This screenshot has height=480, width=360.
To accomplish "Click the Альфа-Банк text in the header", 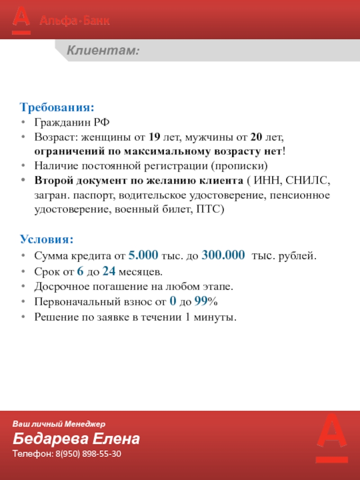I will tap(75, 21).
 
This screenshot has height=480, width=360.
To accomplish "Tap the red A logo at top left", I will tap(21, 19).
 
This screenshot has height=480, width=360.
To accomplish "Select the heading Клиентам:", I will tap(103, 51).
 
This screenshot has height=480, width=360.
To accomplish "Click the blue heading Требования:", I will tap(57, 108).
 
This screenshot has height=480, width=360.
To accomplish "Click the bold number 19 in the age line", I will tap(154, 136).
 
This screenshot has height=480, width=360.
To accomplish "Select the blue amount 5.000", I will tap(143, 256).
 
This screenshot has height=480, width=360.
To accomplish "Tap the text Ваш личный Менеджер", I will tap(58, 424).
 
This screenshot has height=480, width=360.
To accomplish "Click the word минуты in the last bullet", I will tap(218, 317).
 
